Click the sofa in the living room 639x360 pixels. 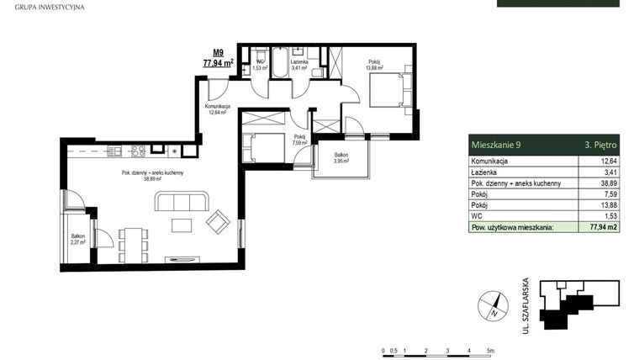(180, 202)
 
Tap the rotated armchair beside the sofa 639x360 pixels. (218, 221)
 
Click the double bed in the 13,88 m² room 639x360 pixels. (388, 90)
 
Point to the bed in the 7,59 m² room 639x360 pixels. (263, 147)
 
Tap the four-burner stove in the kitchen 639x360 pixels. (138, 151)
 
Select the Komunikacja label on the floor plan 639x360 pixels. (219, 107)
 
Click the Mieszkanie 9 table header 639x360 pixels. (496, 145)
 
